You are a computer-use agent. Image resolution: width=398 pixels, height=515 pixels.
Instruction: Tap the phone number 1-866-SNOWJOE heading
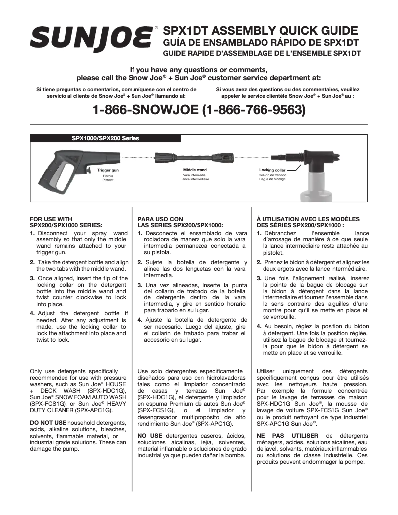[199, 109]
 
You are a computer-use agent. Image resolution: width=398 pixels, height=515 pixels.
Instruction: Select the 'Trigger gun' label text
[108, 170]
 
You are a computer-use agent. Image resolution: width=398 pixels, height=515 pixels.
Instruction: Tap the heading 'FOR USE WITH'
[51, 219]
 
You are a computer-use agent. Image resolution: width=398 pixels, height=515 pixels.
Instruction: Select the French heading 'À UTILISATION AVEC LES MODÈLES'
[308, 219]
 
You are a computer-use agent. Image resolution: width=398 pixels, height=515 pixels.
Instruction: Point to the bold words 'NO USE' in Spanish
[150, 436]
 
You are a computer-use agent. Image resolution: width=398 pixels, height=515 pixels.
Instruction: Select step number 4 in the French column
[259, 326]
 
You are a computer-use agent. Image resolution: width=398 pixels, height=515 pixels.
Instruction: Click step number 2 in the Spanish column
[140, 262]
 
